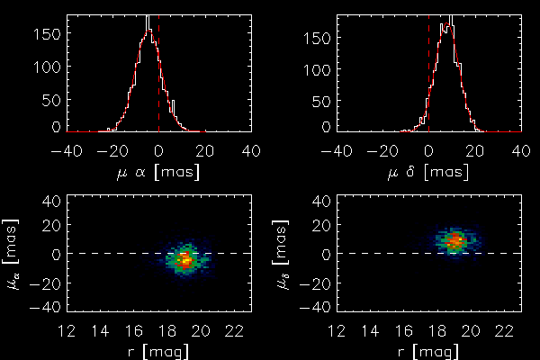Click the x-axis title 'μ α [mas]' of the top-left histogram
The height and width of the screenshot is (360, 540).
(x=158, y=171)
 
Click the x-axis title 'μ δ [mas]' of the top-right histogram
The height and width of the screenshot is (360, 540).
(x=428, y=171)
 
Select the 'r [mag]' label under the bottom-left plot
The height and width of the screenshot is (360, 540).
(x=158, y=351)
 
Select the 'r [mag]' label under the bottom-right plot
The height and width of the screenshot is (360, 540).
(x=428, y=351)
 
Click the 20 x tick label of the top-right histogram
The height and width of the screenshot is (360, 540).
(x=475, y=149)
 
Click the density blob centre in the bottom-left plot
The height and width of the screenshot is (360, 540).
(x=184, y=259)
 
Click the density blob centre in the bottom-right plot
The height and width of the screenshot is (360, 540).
(x=454, y=241)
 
